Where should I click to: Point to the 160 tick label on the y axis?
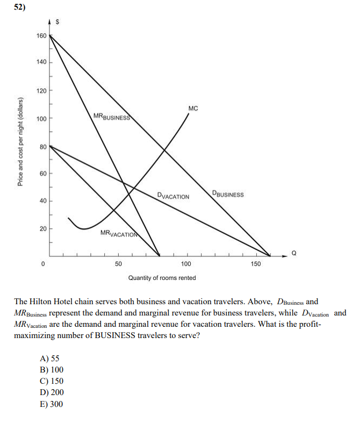tap(41, 36)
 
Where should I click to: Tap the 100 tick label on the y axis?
tap(41, 118)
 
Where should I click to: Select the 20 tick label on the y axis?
tap(43, 228)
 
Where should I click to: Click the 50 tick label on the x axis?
tap(118, 264)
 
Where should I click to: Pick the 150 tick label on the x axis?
tap(256, 264)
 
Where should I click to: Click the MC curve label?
tap(193, 109)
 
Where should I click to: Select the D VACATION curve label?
tap(173, 196)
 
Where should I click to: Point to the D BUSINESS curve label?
tap(228, 194)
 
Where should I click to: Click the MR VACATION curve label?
tap(119, 233)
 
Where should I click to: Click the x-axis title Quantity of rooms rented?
tap(162, 278)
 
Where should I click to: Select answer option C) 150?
tap(52, 382)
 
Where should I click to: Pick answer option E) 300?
tap(52, 404)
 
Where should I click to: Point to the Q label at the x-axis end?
tap(293, 252)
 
